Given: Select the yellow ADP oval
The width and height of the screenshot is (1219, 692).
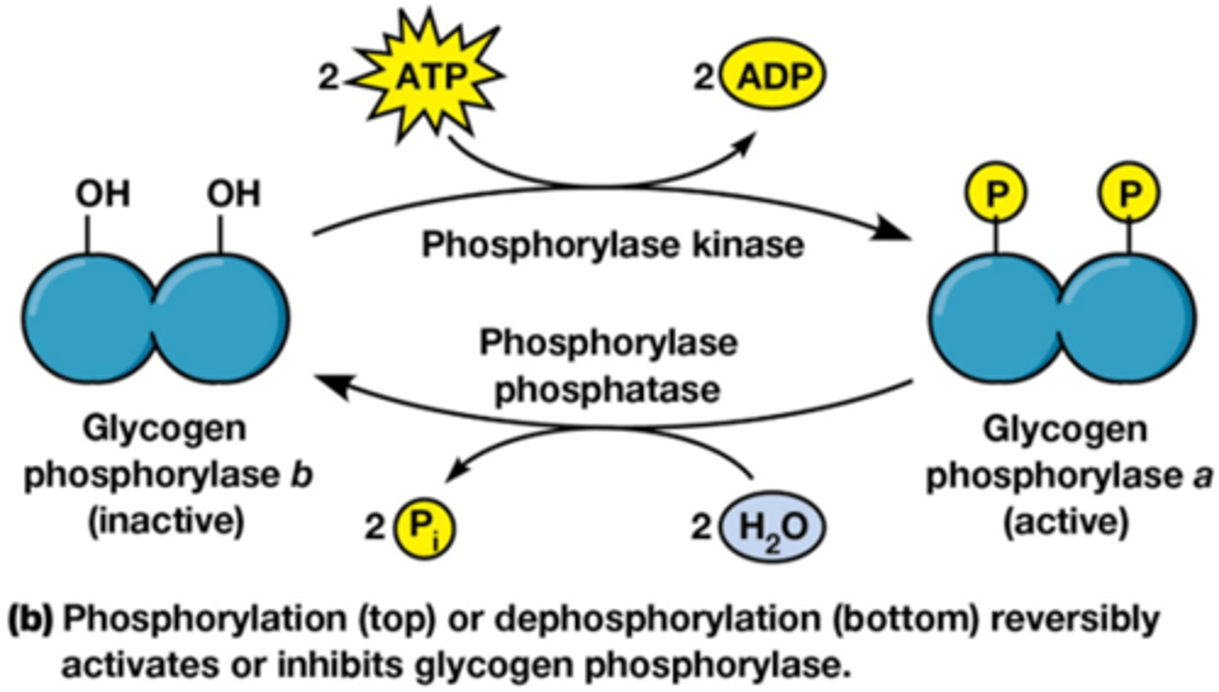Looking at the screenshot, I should pyautogui.click(x=771, y=81).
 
